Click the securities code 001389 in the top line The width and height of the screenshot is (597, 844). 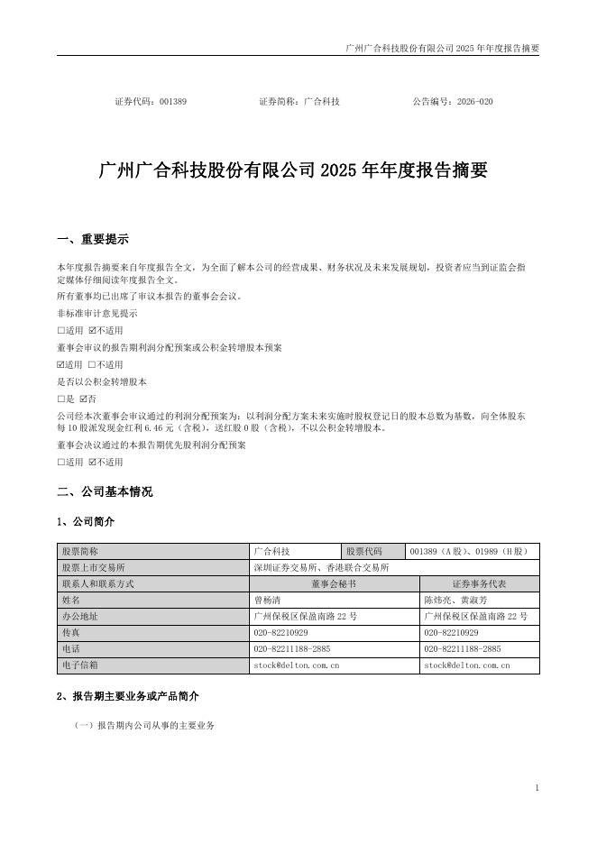coord(172,102)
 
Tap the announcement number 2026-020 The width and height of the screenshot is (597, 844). coord(474,102)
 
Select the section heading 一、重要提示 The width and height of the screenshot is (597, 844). coord(92,239)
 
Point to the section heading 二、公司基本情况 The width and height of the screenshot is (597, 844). coord(105,491)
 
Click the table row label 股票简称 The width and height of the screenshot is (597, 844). coord(79,552)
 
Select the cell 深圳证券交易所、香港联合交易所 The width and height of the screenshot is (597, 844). coord(321,568)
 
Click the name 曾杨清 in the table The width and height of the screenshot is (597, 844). coord(269,601)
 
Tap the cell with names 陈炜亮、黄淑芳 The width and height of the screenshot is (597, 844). coord(455,601)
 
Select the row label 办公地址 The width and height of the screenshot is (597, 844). coord(79,617)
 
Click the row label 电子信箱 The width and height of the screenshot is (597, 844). coord(79,665)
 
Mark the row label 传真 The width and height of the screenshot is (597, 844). coord(70,633)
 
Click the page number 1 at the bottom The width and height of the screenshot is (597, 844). coord(537,787)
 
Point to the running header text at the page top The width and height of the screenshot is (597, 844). coord(442,47)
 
